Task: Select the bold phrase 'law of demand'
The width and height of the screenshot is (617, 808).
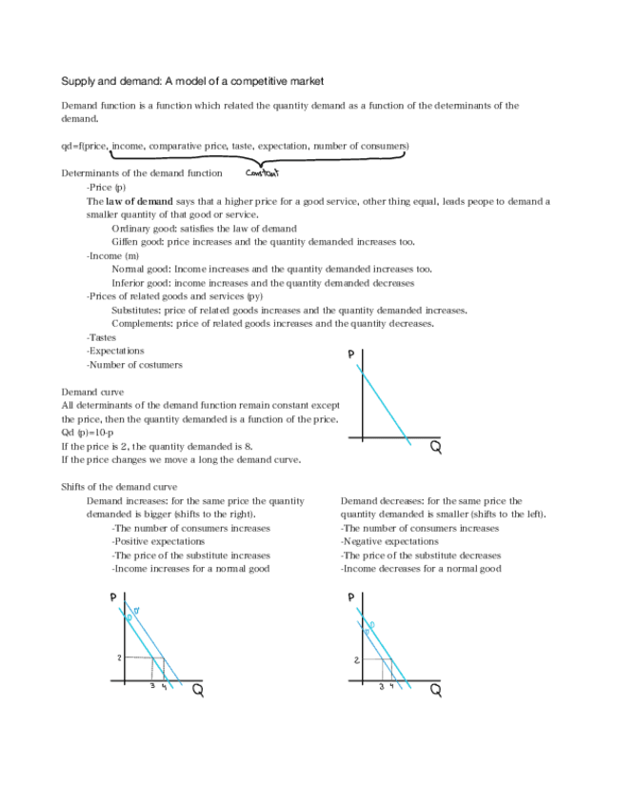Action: tap(139, 202)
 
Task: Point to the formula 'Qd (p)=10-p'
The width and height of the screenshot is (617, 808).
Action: tap(89, 432)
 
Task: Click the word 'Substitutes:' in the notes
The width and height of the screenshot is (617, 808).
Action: tap(137, 311)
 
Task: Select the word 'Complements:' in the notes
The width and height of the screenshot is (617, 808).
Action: tap(142, 324)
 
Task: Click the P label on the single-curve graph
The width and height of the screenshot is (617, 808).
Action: tap(351, 355)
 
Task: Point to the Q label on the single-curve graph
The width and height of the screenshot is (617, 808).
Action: tap(435, 449)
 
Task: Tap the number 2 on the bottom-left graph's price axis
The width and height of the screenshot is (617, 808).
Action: tap(120, 657)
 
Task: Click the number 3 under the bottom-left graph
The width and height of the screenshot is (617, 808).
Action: tap(152, 686)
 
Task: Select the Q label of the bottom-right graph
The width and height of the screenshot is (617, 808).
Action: tap(435, 691)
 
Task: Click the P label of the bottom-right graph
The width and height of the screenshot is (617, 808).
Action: tap(351, 597)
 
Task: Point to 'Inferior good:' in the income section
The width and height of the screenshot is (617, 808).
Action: tap(141, 283)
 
